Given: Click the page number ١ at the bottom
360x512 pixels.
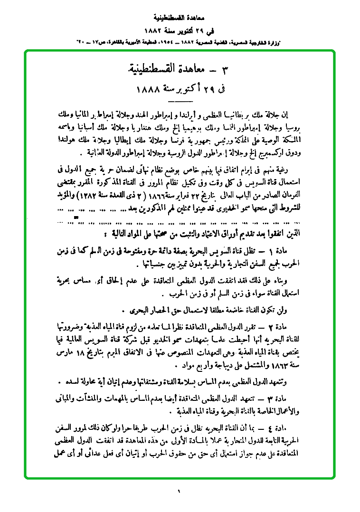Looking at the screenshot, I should pyautogui.click(x=180, y=491).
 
